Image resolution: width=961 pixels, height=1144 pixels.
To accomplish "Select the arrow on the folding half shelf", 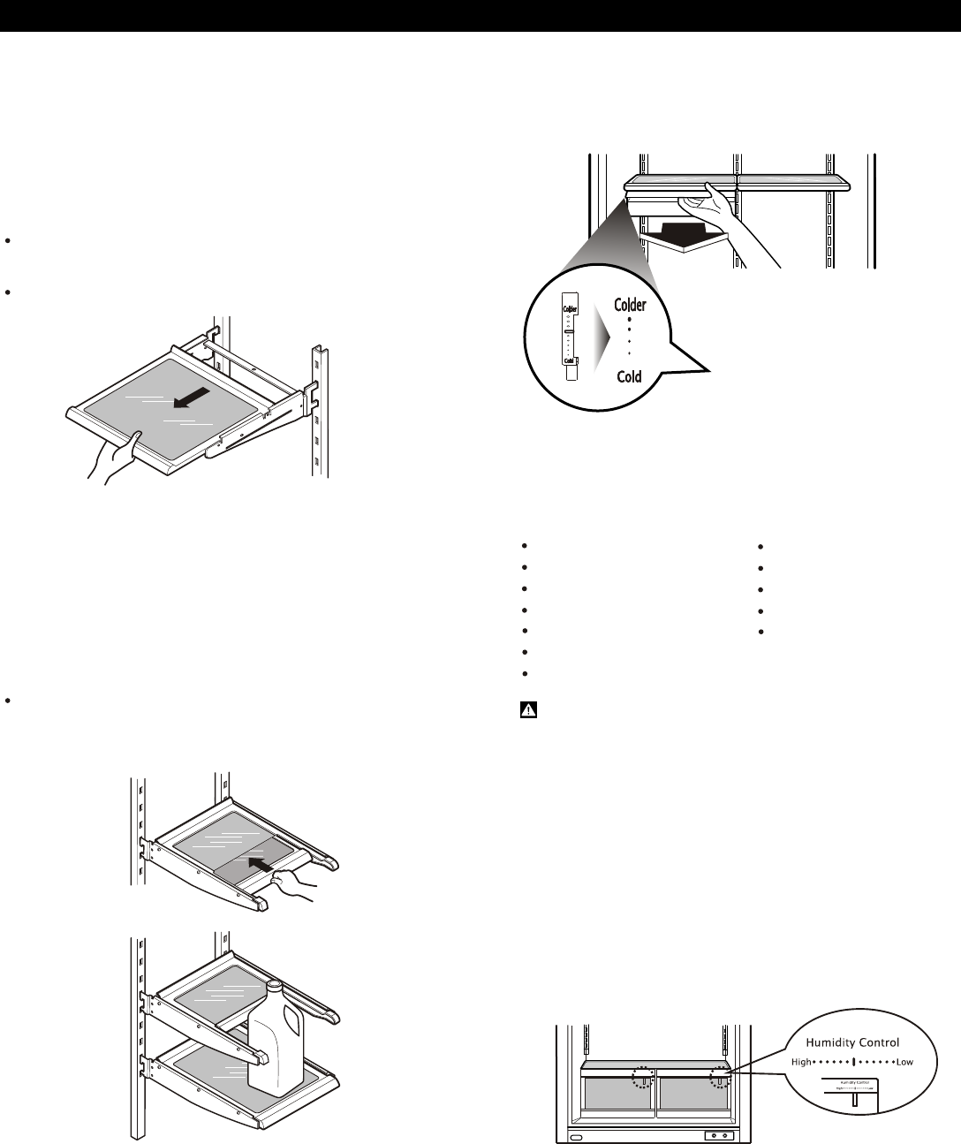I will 269,861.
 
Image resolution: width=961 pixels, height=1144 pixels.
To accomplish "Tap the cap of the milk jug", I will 274,986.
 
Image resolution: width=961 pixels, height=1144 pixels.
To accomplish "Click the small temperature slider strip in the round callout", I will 571,336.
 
